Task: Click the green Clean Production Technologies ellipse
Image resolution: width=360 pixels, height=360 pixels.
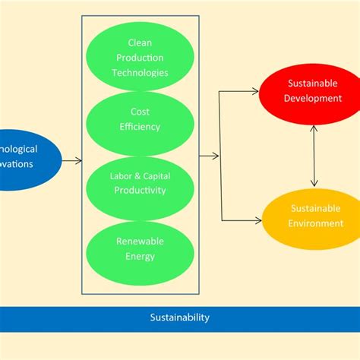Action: click(141, 58)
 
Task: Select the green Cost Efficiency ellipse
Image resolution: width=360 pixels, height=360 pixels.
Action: click(141, 122)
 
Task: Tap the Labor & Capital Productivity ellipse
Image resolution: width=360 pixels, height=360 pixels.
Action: click(141, 185)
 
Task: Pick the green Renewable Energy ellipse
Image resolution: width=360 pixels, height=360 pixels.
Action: click(141, 248)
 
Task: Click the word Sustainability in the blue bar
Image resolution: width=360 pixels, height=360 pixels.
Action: click(179, 317)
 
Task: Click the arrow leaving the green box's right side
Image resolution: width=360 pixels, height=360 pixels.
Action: click(209, 156)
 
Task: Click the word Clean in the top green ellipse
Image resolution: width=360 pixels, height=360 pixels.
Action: click(141, 43)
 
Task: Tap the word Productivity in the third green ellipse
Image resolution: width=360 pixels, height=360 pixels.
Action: click(141, 191)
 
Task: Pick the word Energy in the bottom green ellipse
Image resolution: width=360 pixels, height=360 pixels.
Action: click(141, 256)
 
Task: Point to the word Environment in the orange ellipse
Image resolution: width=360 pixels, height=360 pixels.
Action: click(312, 223)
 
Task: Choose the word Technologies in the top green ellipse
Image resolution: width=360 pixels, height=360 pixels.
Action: click(141, 73)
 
